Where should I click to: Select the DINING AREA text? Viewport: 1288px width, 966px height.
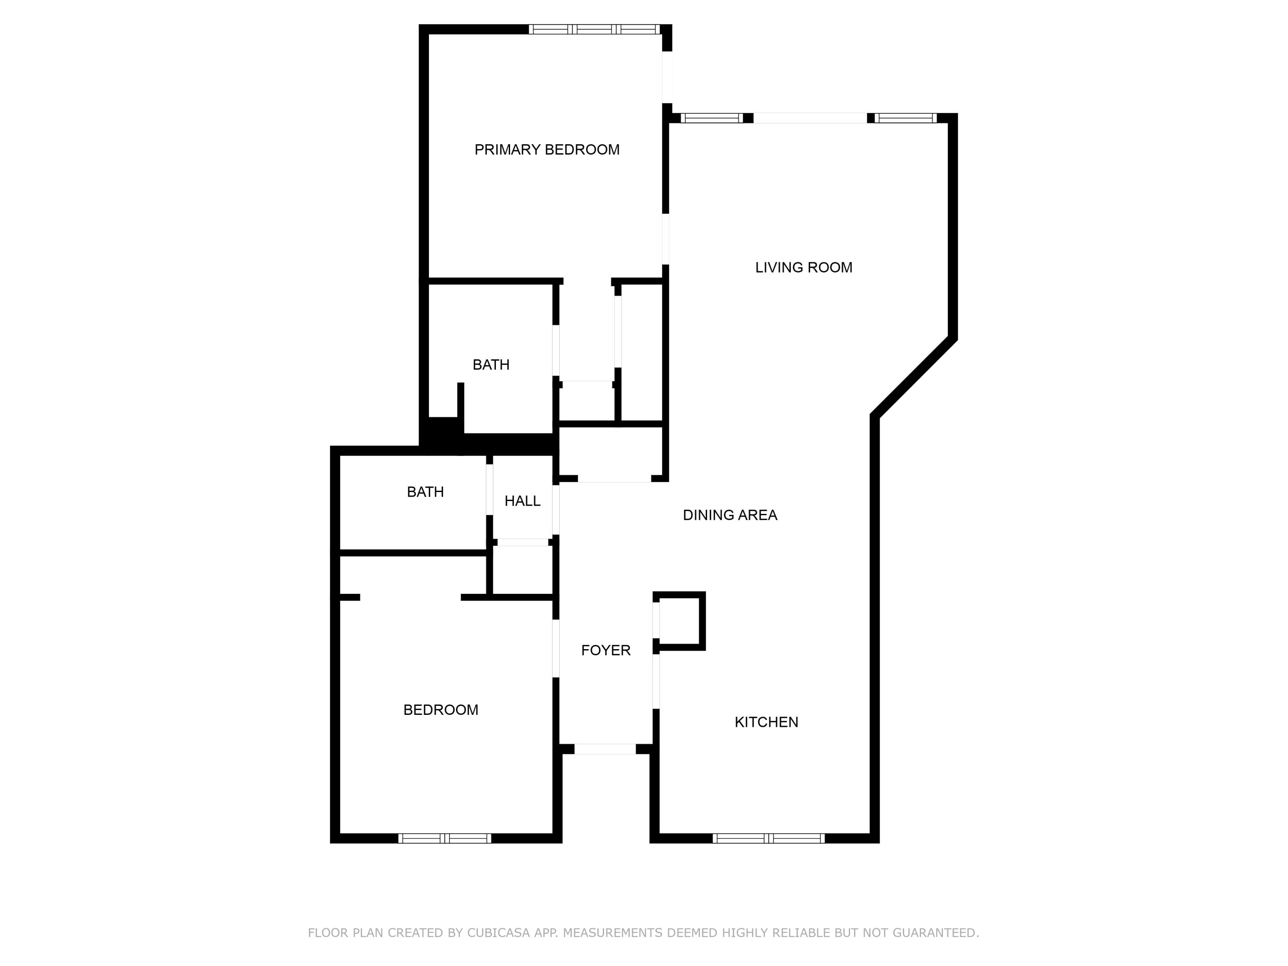pyautogui.click(x=729, y=515)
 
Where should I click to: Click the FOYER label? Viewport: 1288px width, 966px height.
pyautogui.click(x=605, y=650)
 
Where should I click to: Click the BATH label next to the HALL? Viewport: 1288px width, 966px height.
pyautogui.click(x=425, y=492)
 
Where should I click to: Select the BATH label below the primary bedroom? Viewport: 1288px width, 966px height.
pyautogui.click(x=491, y=365)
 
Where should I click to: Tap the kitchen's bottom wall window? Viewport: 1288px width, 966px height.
pyautogui.click(x=768, y=838)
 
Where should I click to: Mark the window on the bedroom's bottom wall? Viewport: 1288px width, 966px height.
pyautogui.click(x=444, y=838)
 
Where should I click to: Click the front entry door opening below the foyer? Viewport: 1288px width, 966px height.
pyautogui.click(x=605, y=749)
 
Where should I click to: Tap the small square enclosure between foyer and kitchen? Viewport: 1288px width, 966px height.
pyautogui.click(x=680, y=621)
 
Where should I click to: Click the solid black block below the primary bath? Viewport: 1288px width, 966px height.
pyautogui.click(x=443, y=431)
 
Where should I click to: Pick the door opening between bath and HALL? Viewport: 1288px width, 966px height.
pyautogui.click(x=489, y=489)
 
